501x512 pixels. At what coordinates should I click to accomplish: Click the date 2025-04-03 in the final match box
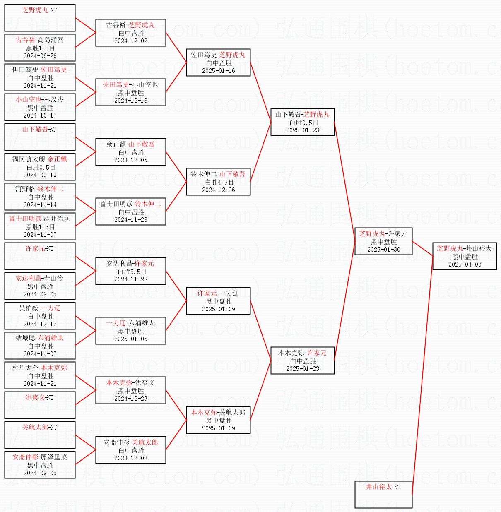pos(465,264)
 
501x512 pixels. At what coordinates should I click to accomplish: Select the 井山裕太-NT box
pos(383,495)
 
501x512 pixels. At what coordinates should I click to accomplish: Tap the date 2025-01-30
pos(384,250)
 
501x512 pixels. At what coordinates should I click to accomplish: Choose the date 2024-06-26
pos(40,56)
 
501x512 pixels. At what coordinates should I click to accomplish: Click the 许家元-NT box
pos(40,256)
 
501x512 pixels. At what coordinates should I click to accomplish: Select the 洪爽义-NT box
pos(40,405)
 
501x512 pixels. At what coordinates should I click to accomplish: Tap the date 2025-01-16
pos(218,70)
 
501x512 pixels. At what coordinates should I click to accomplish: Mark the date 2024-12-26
pos(218,190)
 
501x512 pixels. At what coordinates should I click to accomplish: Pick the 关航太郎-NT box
pos(40,435)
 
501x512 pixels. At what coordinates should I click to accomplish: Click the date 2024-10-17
pos(40,115)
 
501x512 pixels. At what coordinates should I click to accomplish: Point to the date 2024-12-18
pos(131,100)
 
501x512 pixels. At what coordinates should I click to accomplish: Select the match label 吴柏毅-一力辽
pos(39,308)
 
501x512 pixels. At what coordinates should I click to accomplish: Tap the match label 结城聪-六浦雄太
pos(39,338)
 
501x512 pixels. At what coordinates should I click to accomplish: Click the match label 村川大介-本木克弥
pos(39,368)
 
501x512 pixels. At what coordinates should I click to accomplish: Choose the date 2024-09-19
pos(40,175)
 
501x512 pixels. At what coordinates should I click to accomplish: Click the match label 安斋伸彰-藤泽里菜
pos(39,457)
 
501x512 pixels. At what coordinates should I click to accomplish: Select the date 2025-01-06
pos(131,339)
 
